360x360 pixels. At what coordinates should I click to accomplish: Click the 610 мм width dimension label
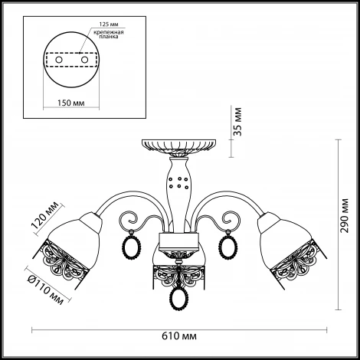179,336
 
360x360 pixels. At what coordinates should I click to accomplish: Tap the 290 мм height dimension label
345,215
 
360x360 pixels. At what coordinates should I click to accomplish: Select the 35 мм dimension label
237,122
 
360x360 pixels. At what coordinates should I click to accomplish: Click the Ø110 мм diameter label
45,291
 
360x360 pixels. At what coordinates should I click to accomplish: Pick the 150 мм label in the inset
70,103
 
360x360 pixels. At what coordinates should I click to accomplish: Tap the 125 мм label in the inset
109,25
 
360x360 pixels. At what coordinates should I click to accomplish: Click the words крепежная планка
109,34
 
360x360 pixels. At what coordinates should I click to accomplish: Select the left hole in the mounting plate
59,60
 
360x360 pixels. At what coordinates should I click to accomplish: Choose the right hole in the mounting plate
84,60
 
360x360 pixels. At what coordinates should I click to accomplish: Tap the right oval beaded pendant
227,247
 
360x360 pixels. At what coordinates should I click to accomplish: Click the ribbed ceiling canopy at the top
178,146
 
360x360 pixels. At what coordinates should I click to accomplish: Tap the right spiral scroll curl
231,218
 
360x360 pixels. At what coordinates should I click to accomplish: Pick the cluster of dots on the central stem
179,182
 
